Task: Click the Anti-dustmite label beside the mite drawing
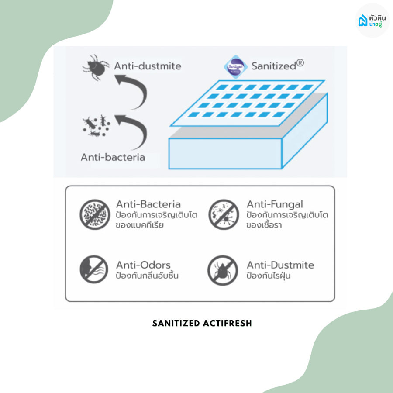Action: tap(148, 66)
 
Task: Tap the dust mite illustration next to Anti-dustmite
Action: tap(96, 67)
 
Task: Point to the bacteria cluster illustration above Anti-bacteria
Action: tap(96, 126)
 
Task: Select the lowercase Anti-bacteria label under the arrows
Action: tap(113, 157)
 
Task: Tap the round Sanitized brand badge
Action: tap(235, 67)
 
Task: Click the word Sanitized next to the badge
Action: tap(274, 66)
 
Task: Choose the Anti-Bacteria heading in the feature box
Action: tap(148, 204)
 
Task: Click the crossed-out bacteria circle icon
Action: tap(95, 214)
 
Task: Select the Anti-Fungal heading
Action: tap(275, 205)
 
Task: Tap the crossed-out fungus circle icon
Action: tap(224, 214)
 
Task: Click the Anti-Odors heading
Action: tap(143, 265)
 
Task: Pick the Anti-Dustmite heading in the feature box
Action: tap(280, 265)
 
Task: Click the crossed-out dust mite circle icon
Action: tap(223, 270)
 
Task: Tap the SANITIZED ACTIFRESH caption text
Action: tap(202, 323)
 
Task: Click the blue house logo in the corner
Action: tap(363, 20)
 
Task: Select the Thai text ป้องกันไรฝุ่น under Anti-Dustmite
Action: tap(269, 276)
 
